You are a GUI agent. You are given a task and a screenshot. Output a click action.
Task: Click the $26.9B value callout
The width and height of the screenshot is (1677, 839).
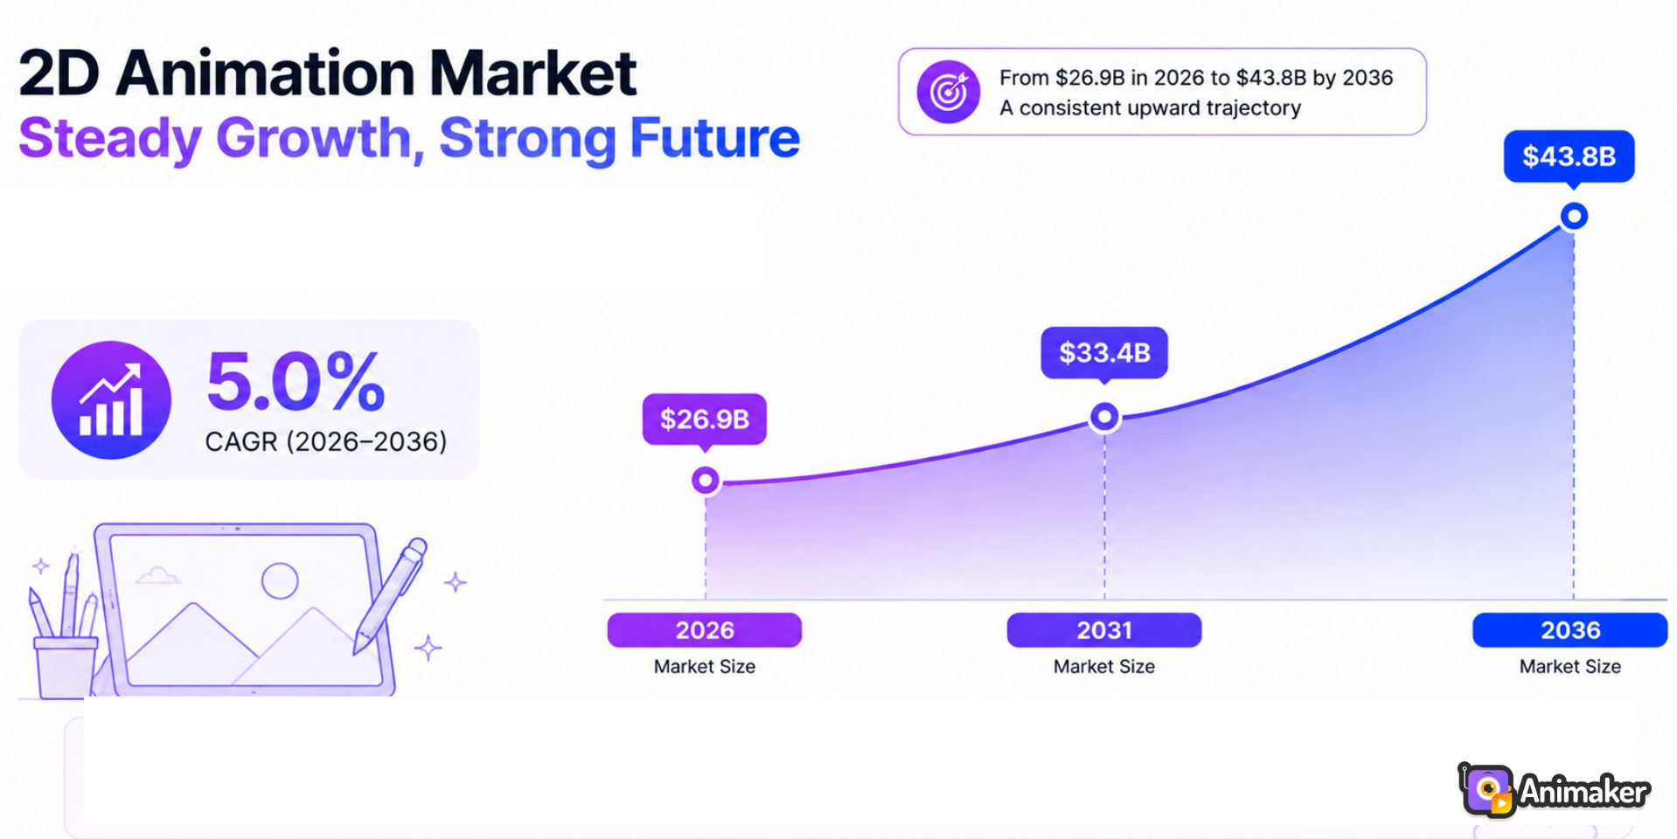coord(705,419)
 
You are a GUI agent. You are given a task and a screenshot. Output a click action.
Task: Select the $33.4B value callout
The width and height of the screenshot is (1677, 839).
coord(1104,353)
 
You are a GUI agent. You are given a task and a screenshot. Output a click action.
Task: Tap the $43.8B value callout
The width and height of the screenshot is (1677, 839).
coord(1569,156)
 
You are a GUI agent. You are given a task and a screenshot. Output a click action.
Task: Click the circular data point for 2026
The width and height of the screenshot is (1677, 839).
coord(706,480)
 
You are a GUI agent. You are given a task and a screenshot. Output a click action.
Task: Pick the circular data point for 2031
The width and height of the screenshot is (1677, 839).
coord(1104,417)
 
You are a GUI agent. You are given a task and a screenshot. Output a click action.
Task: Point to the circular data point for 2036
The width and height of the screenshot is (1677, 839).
coord(1574,216)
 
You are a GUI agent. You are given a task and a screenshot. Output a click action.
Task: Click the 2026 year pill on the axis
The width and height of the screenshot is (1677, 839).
coord(705,630)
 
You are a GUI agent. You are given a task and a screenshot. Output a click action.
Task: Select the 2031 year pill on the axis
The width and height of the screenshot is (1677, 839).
coord(1104,630)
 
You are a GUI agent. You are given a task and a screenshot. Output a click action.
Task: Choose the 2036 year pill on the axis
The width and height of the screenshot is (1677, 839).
coord(1570,630)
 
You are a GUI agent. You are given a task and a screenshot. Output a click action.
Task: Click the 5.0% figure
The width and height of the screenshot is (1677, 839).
coord(296,381)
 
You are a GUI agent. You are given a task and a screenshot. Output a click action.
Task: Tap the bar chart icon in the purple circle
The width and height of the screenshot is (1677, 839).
coord(111,400)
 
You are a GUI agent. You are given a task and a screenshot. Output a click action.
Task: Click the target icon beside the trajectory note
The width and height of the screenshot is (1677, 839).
coord(949,92)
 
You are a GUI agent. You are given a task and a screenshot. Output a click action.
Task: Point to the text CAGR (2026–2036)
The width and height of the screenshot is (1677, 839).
coord(326,441)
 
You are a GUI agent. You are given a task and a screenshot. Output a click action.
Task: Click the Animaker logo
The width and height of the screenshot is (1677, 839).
coord(1554,791)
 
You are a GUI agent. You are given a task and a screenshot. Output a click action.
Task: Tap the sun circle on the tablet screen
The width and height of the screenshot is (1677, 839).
coord(280,580)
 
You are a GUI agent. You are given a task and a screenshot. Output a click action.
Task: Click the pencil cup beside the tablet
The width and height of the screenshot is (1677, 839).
coord(65,666)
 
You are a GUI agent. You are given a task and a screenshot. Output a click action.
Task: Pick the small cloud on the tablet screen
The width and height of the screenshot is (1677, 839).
coord(158,575)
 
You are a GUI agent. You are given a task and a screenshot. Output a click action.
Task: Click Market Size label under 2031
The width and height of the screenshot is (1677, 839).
coord(1104,667)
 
